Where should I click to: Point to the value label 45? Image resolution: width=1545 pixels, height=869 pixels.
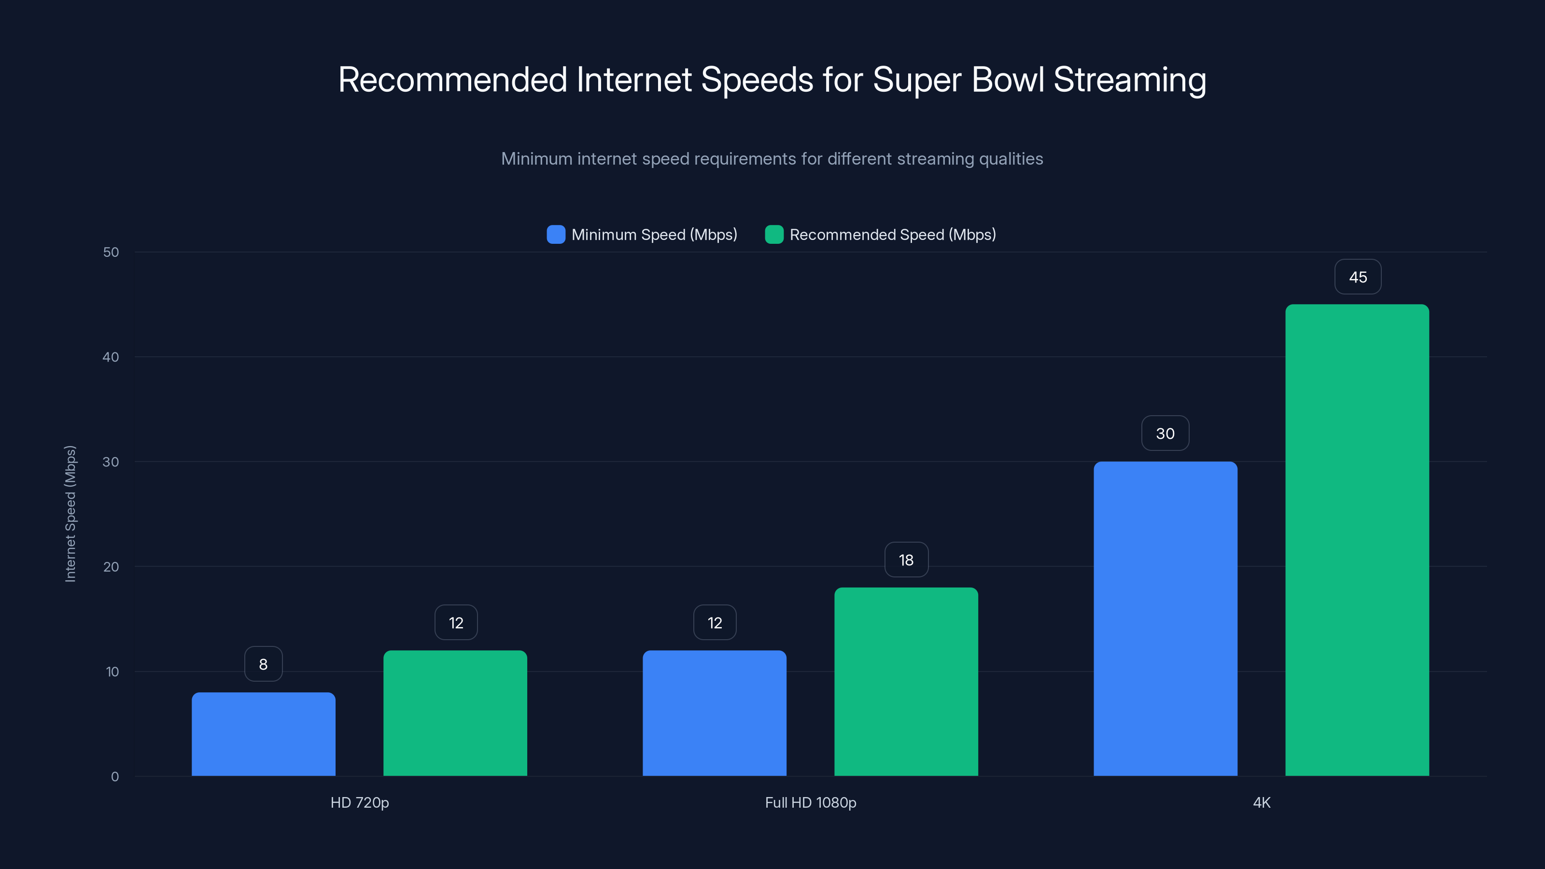tap(1358, 277)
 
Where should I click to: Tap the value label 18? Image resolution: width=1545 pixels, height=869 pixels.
tap(906, 560)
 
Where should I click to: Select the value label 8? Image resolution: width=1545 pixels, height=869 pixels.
tap(263, 664)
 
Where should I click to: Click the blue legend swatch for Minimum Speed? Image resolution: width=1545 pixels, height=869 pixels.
tap(556, 235)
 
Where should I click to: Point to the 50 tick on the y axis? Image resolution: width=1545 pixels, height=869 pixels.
tap(111, 252)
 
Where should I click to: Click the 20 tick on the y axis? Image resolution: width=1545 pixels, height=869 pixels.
tap(111, 567)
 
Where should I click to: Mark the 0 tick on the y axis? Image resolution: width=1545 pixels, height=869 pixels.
tap(114, 777)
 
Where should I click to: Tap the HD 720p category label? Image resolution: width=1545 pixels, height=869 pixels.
tap(360, 802)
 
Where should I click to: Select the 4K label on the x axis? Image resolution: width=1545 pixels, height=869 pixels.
tap(1261, 802)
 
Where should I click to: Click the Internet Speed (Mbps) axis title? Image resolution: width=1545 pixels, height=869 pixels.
tap(70, 514)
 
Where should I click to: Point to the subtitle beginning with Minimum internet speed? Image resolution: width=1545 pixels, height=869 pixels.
tap(772, 159)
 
